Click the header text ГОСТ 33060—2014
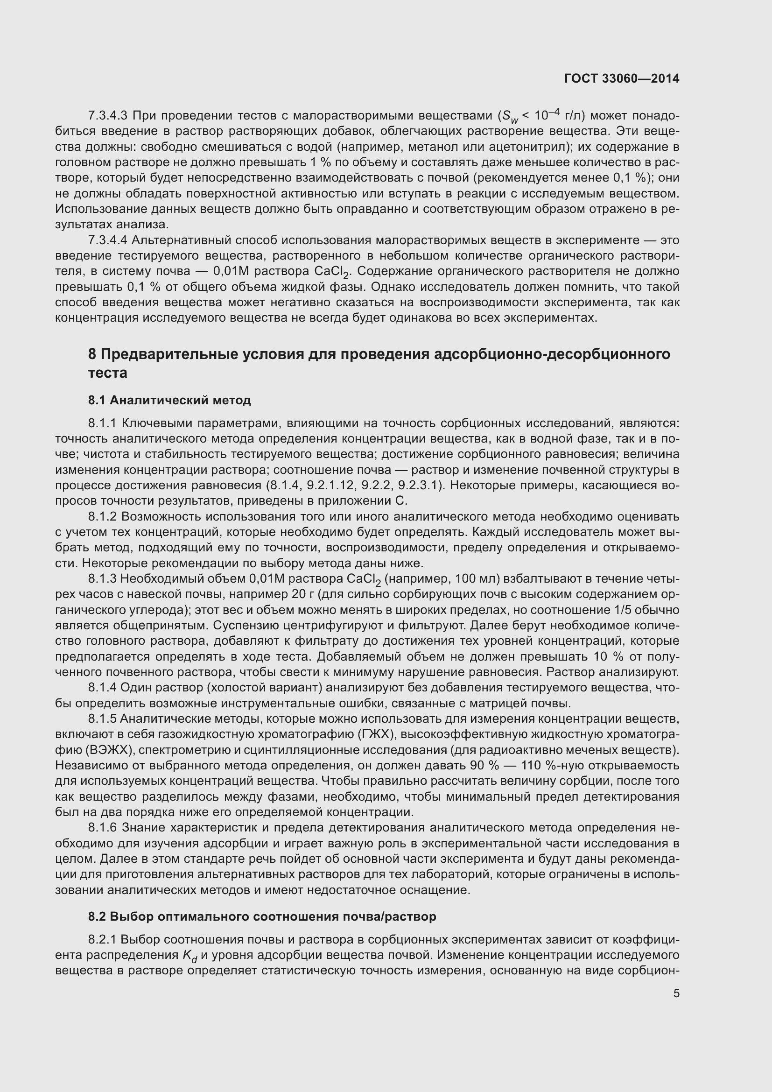tap(621, 79)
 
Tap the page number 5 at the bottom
tap(676, 993)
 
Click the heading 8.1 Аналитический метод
tap(169, 401)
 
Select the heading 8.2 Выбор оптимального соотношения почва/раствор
tap(262, 917)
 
